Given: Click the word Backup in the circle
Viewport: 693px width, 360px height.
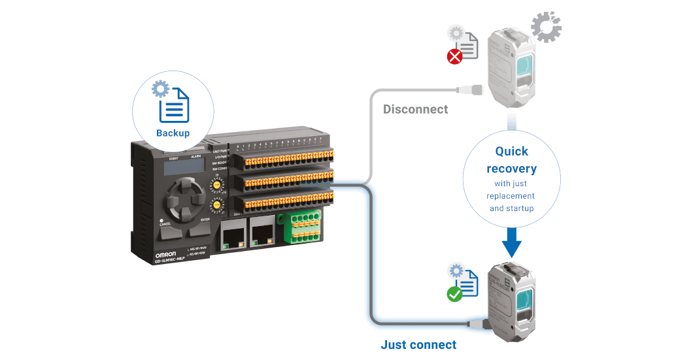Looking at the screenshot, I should click(x=173, y=133).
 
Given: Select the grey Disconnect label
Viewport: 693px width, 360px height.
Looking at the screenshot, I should click(x=416, y=109).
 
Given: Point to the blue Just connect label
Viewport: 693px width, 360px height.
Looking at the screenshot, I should click(x=418, y=345).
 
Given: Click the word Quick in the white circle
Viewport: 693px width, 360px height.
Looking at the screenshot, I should click(x=512, y=152).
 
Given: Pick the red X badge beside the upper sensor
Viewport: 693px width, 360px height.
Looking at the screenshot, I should click(x=454, y=57).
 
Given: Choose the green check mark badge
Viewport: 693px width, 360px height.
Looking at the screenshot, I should click(x=454, y=294).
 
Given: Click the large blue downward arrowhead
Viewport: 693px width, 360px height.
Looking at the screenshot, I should click(x=512, y=246).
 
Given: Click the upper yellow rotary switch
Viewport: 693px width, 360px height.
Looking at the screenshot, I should click(x=215, y=186).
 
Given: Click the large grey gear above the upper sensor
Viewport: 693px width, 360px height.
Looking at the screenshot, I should click(x=546, y=27).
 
